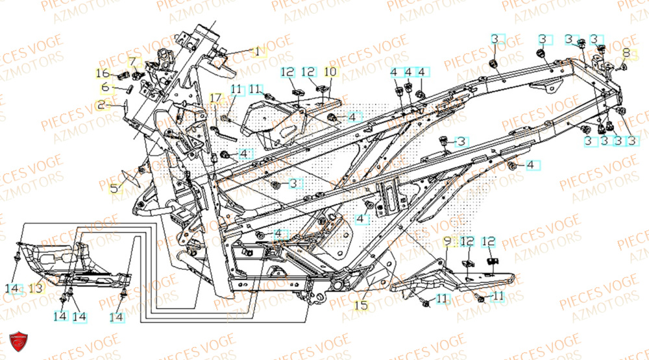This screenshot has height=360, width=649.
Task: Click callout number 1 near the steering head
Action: click(256, 51)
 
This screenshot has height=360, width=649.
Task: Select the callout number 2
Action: click(101, 105)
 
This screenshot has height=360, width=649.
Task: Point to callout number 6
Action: click(105, 87)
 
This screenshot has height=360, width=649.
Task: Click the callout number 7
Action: click(134, 62)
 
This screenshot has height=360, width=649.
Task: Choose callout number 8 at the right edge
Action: click(626, 53)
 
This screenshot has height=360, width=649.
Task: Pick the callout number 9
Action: click(447, 242)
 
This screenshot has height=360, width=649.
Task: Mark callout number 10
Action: click(330, 71)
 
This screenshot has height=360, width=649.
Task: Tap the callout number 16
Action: click(103, 72)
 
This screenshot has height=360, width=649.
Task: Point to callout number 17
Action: click(215, 99)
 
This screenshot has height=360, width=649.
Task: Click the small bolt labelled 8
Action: click(621, 66)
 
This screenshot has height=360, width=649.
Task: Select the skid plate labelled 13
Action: click(71, 263)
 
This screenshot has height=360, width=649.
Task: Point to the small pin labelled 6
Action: click(127, 90)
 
